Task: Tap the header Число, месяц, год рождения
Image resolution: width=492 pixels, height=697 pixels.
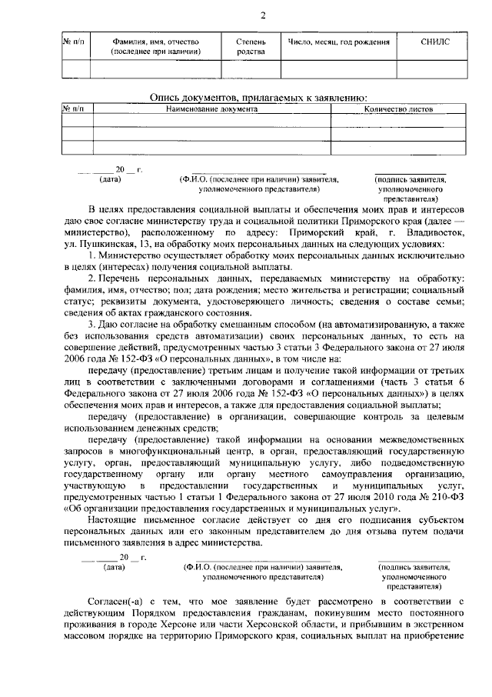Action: tap(334, 42)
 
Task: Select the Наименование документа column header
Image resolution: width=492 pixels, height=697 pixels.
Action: tap(211, 109)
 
